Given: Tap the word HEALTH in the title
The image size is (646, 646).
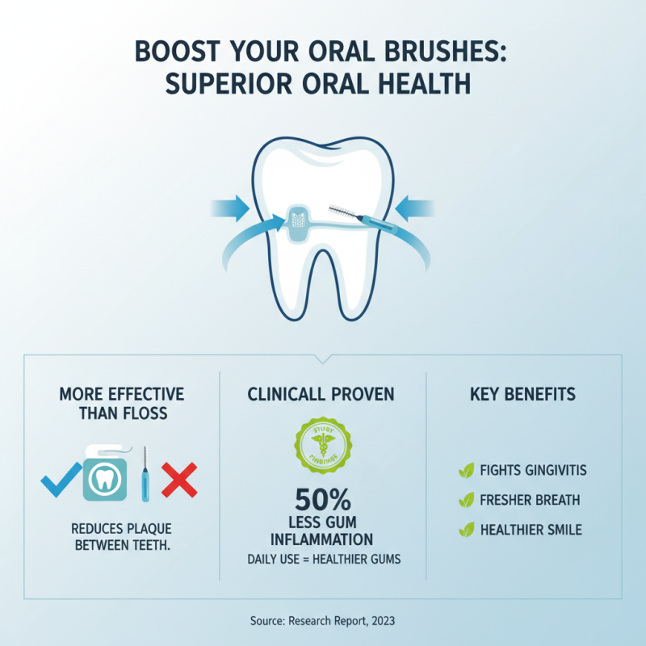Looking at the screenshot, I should tap(434, 85).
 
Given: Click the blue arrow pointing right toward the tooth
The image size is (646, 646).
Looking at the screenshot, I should tap(232, 209).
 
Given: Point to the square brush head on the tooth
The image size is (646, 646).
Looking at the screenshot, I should tap(298, 221).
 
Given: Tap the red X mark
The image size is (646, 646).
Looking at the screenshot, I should tap(179, 480).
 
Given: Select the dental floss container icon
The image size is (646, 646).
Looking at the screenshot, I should tap(104, 476).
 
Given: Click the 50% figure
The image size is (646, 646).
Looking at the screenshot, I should tap(322, 499).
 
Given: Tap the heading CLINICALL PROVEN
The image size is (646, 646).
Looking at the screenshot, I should tap(322, 395).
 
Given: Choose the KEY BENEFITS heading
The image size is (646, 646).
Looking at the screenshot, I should tap(522, 395).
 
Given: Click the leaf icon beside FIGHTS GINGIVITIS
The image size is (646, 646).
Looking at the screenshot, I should tap(466, 471).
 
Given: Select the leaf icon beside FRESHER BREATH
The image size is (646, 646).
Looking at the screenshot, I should tap(466, 501).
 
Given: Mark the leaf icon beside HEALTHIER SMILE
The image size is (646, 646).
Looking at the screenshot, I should tap(466, 531).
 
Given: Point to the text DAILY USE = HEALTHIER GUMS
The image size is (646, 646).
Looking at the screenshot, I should tap(322, 560).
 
